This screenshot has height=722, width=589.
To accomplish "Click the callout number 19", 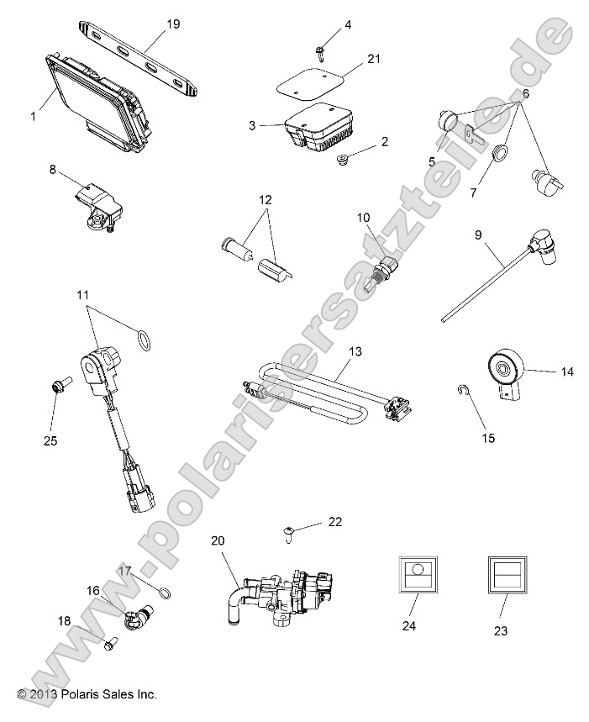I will point(173,24).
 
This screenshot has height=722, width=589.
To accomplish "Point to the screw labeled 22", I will point(288,531).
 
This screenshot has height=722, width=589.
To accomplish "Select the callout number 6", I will point(525,93).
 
